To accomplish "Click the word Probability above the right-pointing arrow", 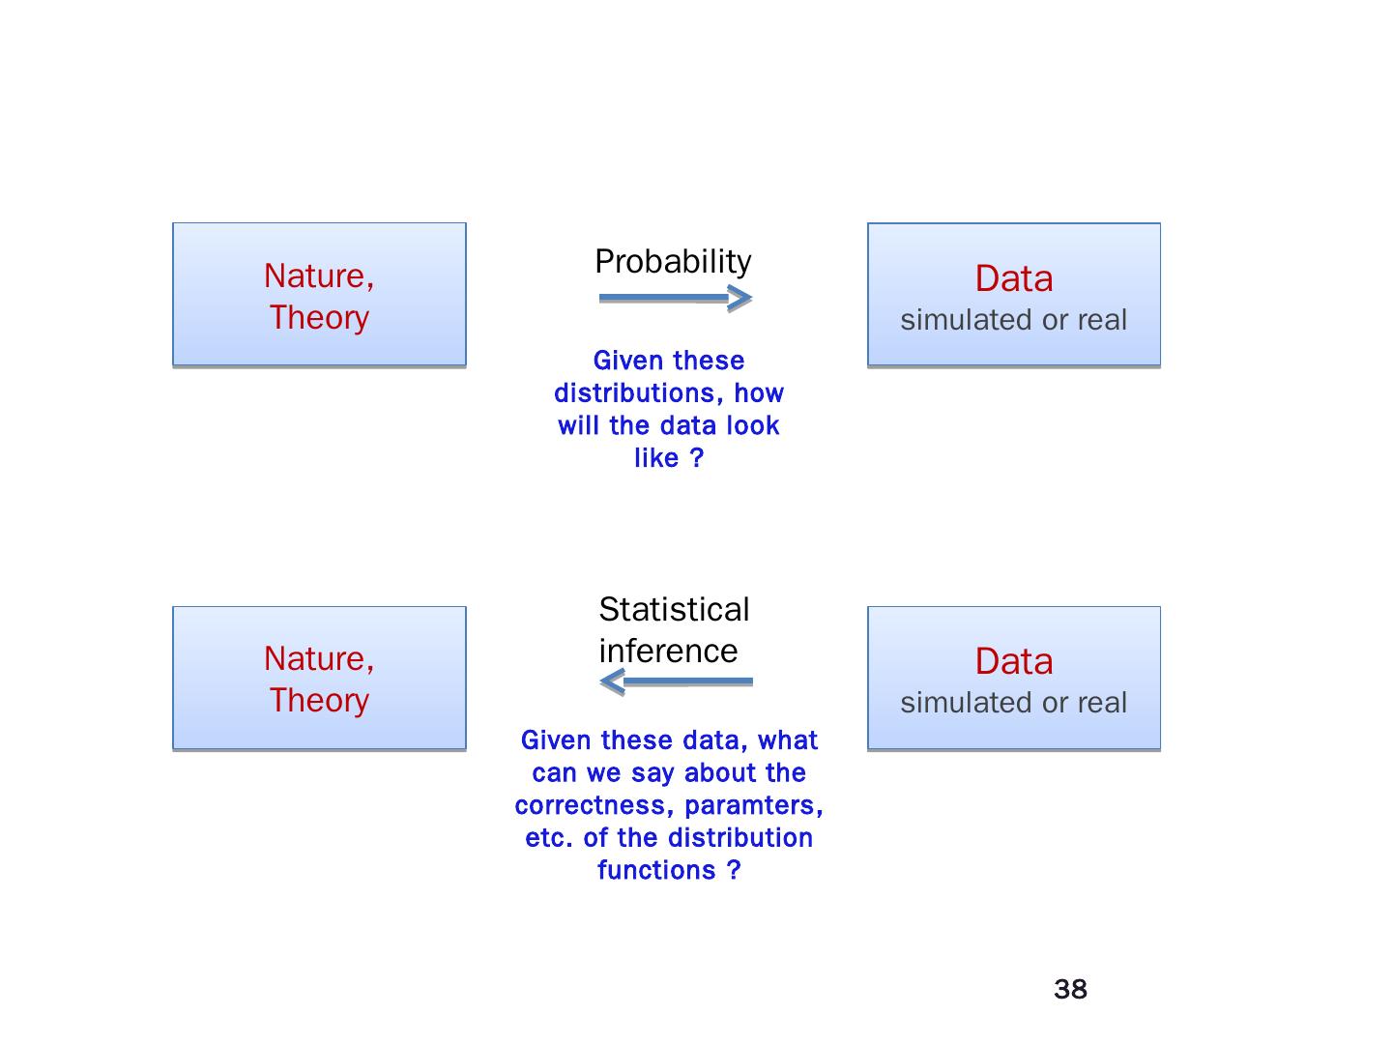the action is pos(673,262).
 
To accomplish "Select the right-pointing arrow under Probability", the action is pos(675,298).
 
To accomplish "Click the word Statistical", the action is pos(674,610).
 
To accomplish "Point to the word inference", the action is pos(668,652).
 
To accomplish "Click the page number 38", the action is pos(1070,989).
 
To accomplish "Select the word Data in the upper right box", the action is pos(1013,278).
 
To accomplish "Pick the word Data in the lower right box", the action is pos(1013,661).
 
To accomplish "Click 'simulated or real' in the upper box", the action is pos(1013,320).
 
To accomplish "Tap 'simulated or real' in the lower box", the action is pos(1013,703).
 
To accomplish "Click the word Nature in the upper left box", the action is pos(315,276).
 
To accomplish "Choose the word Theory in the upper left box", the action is pos(319,318).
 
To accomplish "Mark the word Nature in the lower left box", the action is pos(315,659).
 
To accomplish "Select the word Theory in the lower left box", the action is pos(319,701).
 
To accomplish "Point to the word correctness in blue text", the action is pos(595,805).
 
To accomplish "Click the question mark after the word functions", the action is pos(734,870).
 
